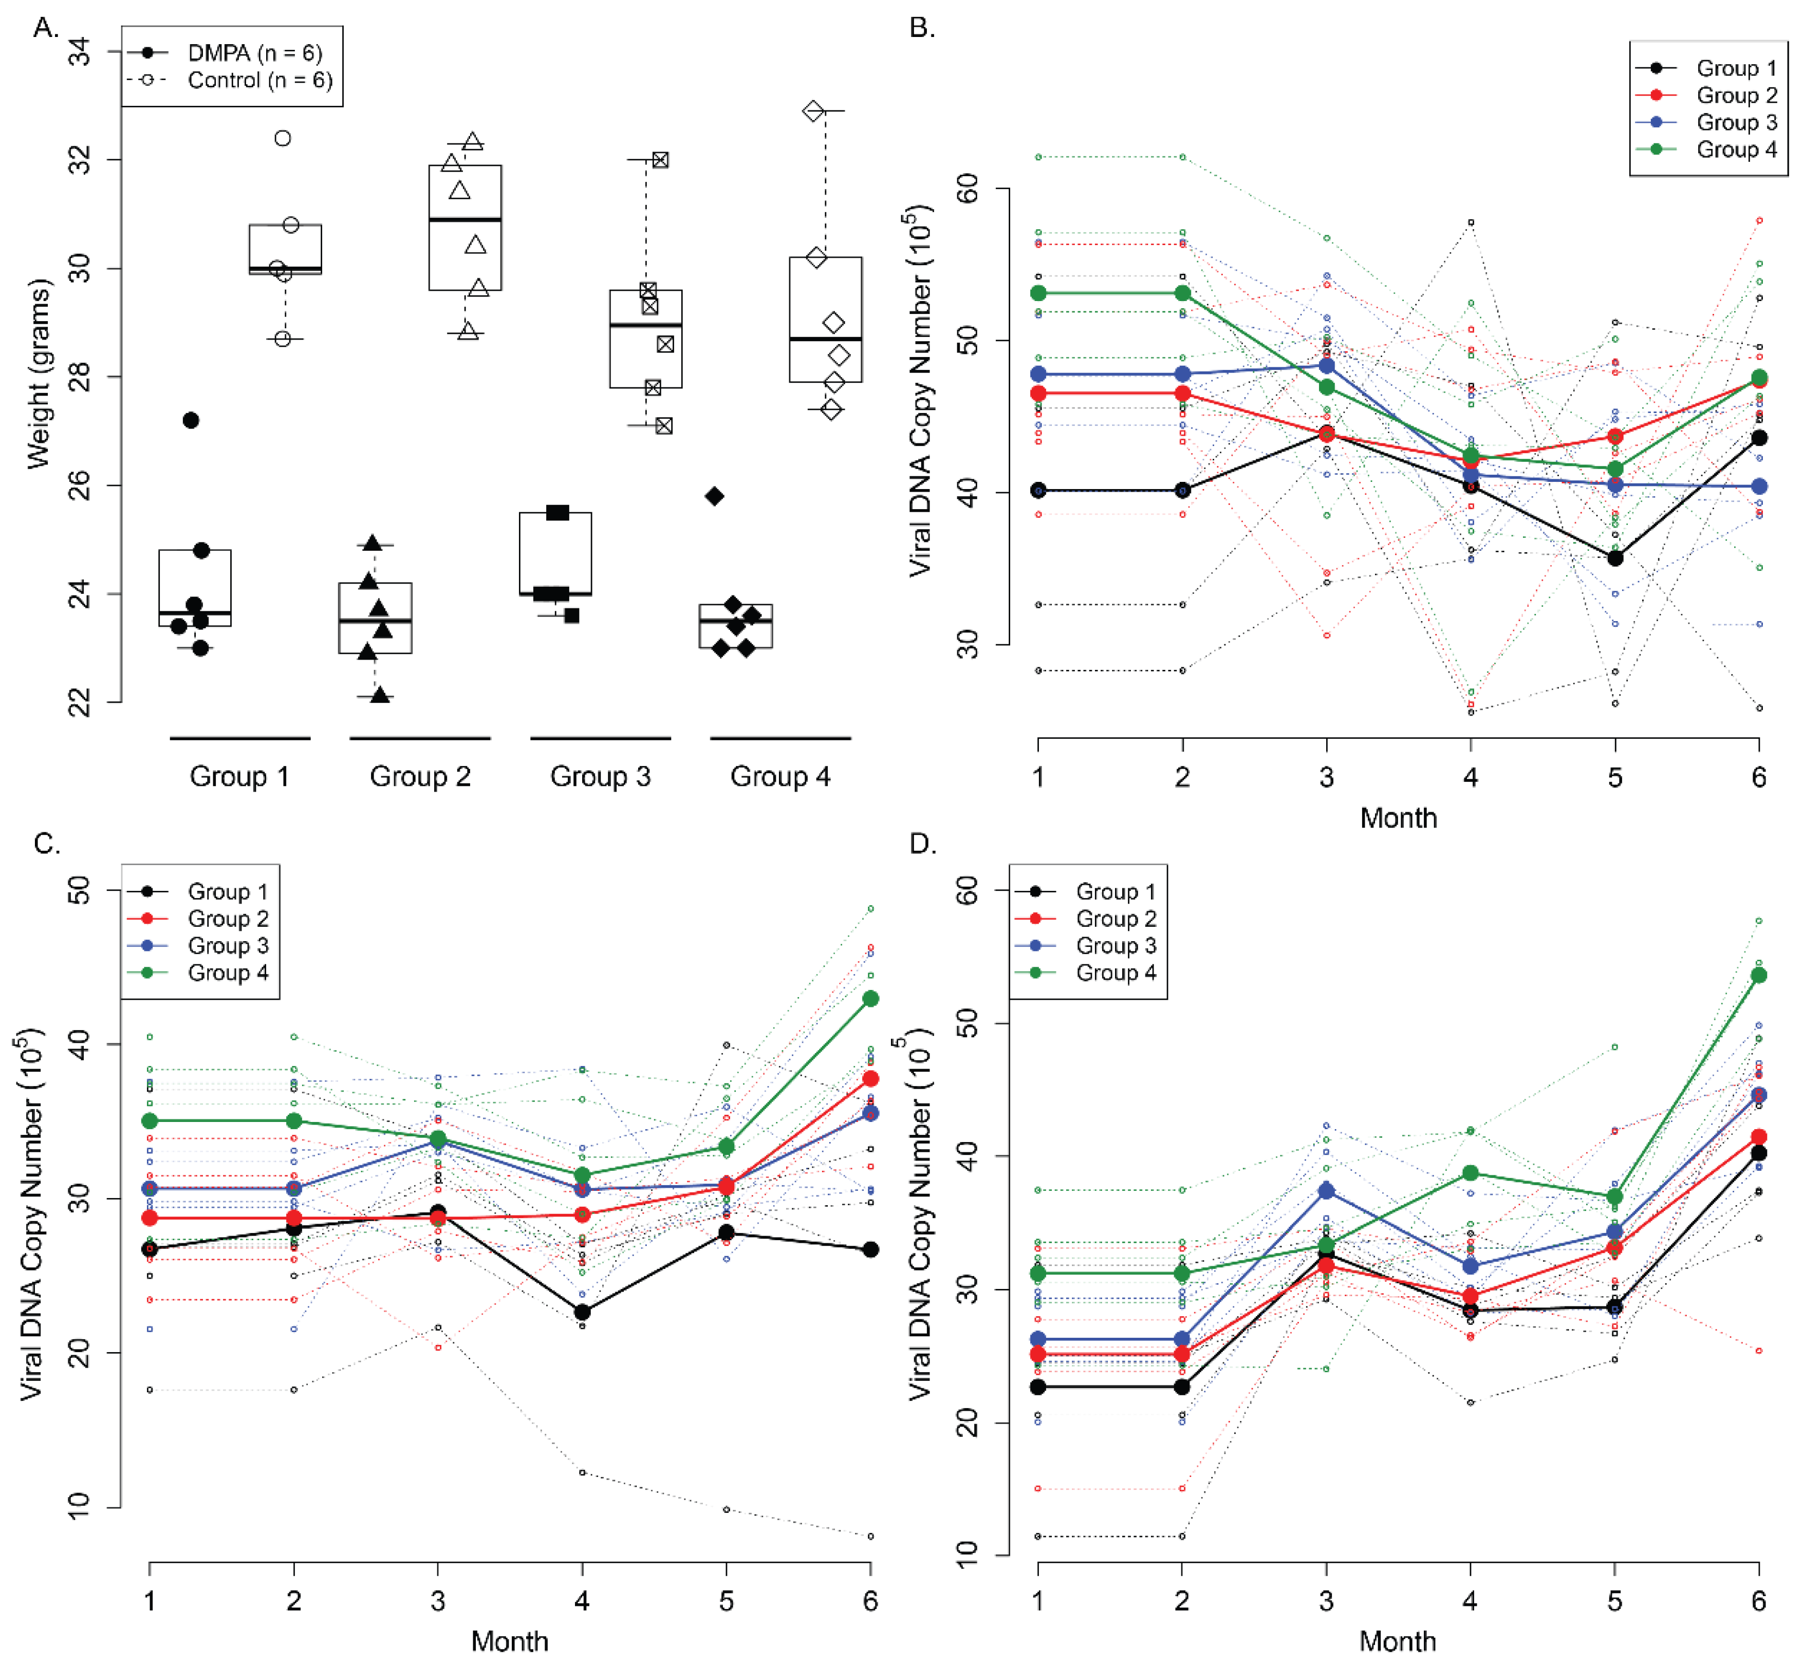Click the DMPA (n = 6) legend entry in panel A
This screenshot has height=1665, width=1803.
coord(254,53)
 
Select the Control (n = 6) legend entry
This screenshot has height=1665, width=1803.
coord(259,80)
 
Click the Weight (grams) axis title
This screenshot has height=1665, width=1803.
coord(38,374)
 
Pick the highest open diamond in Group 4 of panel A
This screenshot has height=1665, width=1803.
coord(814,111)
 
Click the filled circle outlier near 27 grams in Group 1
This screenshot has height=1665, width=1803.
coord(190,420)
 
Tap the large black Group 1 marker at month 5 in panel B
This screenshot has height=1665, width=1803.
coord(1614,558)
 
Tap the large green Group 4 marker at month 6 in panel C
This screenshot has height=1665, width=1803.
coord(869,998)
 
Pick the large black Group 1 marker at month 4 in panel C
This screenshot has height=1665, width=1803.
coord(582,1312)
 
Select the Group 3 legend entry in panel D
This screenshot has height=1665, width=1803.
coord(1116,945)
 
